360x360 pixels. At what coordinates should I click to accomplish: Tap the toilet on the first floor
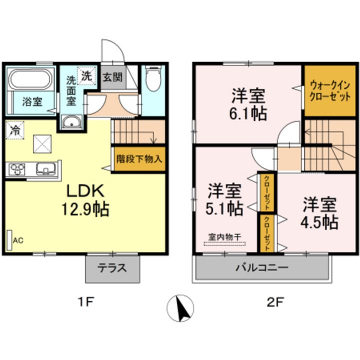pos(153,79)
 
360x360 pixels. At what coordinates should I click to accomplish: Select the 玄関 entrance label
pos(113,77)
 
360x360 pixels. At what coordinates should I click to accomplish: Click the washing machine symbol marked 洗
pos(86,77)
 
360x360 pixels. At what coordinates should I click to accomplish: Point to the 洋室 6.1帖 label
pos(248,104)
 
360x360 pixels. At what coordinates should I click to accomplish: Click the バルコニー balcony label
pos(262,267)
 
